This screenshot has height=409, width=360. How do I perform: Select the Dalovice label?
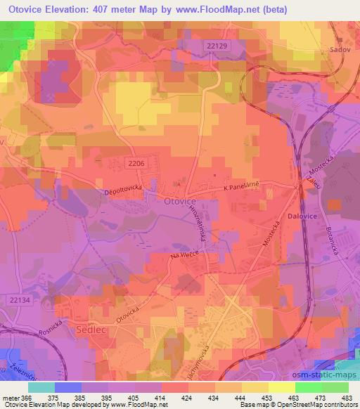pos(303,218)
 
